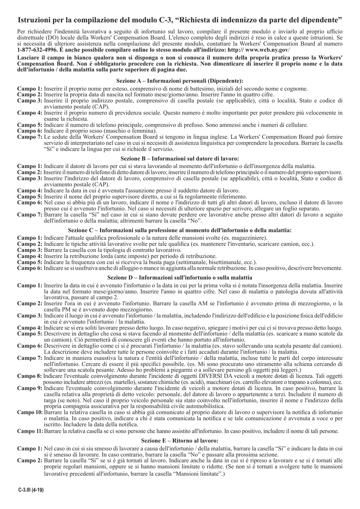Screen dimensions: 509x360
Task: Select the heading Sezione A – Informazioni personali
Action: coord(180,81)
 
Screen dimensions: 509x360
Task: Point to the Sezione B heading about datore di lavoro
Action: coord(180,159)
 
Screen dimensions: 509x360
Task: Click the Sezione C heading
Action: coord(180,230)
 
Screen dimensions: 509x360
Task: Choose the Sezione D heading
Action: coord(180,277)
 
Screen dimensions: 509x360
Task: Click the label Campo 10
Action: coord(30,412)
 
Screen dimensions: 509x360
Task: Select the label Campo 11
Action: coord(30,431)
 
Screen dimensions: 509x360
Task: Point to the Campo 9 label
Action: coord(30,388)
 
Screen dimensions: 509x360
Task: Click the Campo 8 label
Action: coord(30,376)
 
